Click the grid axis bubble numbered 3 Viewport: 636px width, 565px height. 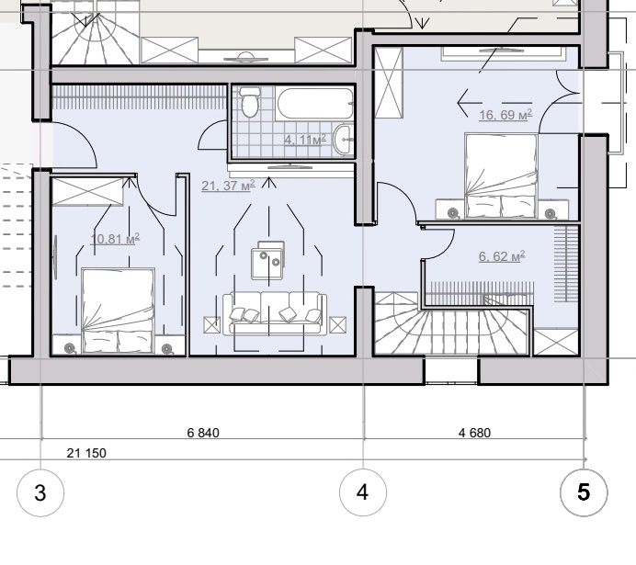click(40, 492)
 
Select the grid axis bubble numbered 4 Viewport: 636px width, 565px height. click(363, 492)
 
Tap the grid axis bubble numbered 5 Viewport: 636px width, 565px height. click(584, 492)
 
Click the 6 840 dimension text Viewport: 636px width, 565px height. click(203, 433)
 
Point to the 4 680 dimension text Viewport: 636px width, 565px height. click(474, 433)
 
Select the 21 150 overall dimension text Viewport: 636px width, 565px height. click(86, 453)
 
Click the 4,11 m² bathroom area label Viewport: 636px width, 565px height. click(305, 140)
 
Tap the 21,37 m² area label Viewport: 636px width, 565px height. click(228, 186)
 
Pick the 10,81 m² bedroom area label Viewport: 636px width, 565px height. click(115, 239)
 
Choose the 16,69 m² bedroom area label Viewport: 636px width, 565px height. click(505, 115)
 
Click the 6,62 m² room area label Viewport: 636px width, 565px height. click(502, 256)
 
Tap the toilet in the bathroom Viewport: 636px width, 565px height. click(249, 101)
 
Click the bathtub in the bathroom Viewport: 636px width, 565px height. click(314, 103)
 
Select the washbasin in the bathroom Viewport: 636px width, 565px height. click(344, 140)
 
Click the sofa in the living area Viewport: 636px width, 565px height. click(275, 312)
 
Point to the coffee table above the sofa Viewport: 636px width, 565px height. click(267, 260)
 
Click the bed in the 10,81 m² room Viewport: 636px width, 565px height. click(118, 311)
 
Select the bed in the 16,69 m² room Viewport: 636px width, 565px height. click(501, 176)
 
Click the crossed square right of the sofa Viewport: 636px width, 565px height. click(338, 325)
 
